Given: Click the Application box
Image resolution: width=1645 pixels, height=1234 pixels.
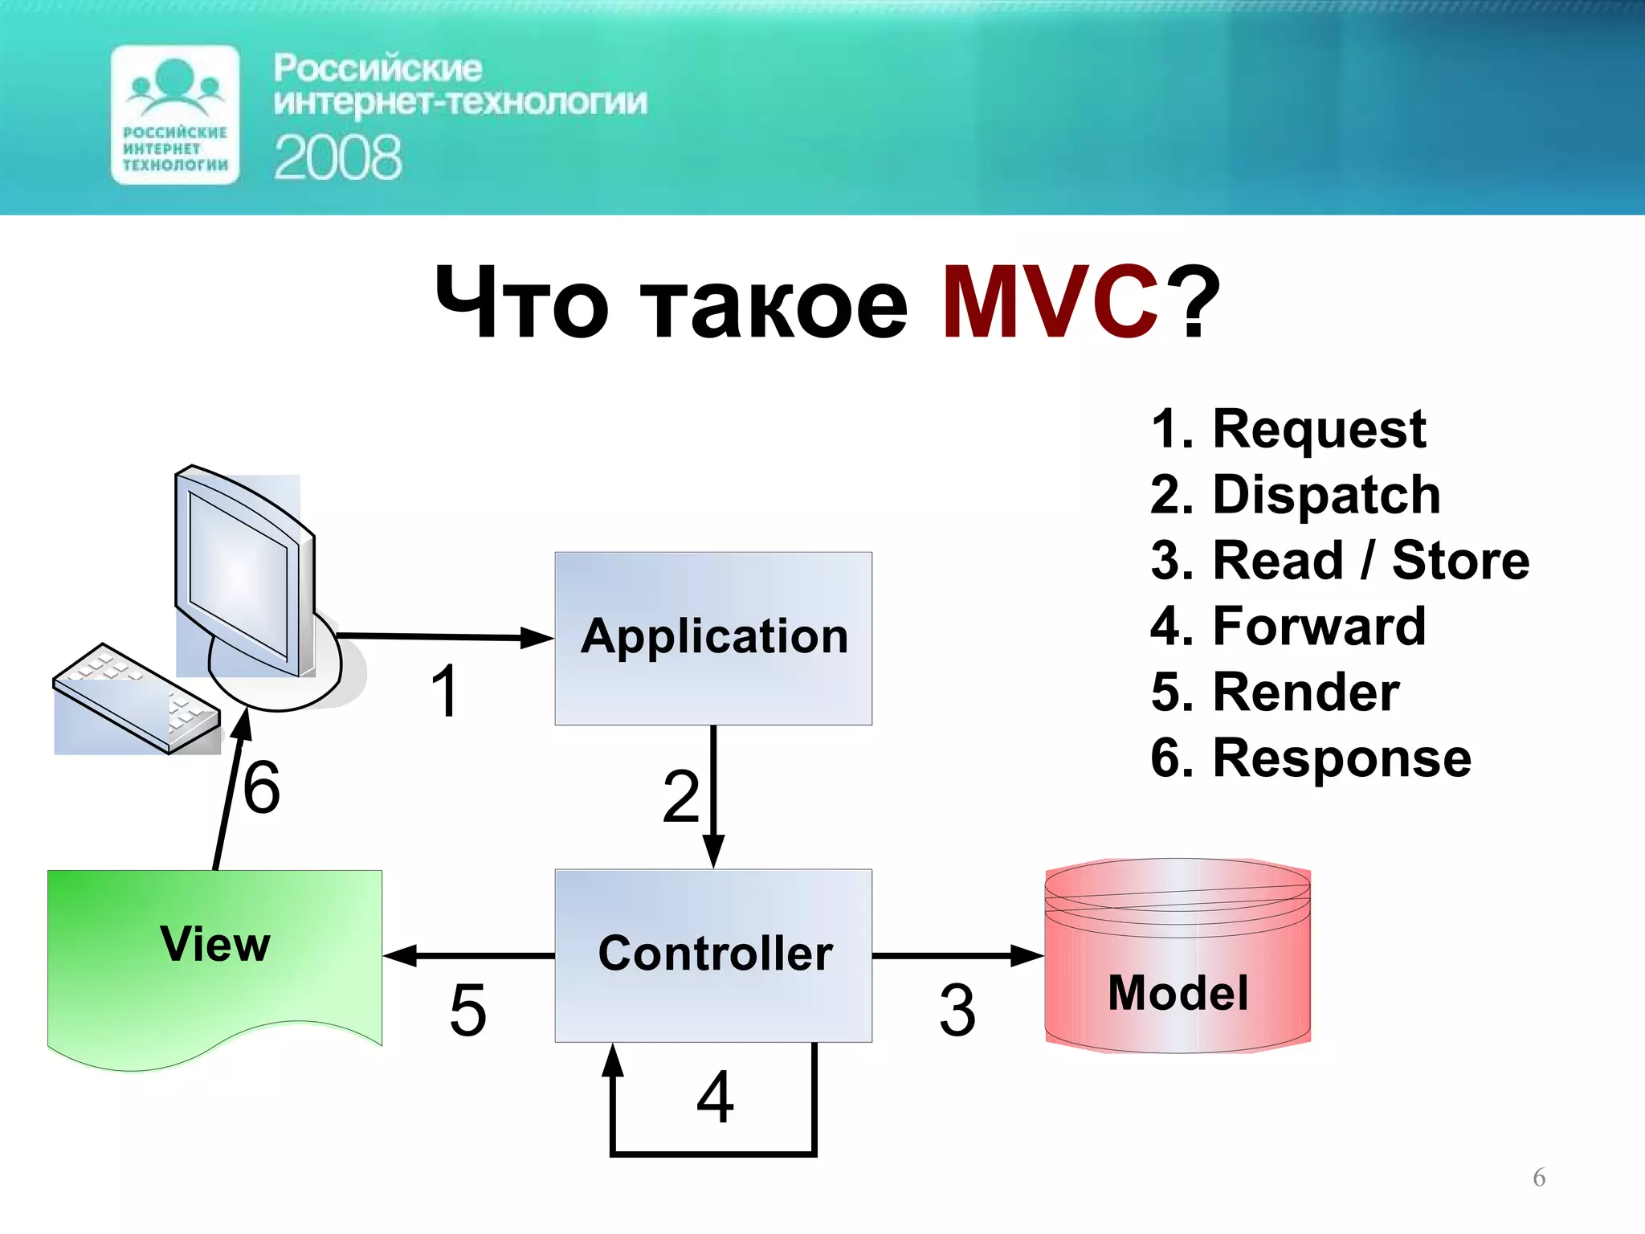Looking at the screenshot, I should point(713,638).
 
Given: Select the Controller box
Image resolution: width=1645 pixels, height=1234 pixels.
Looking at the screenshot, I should point(713,954).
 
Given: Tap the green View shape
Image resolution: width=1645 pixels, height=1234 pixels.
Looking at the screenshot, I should point(214,956).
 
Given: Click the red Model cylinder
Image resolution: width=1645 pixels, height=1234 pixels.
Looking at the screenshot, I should point(1178,964).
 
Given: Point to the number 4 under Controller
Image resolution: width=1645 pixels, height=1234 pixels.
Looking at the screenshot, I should point(715,1097).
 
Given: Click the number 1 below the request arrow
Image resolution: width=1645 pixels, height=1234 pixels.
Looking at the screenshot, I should point(444,691).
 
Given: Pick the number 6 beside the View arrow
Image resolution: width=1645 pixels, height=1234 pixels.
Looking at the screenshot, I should point(262,787).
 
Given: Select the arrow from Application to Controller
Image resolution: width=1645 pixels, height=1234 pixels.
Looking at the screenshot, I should point(713,795).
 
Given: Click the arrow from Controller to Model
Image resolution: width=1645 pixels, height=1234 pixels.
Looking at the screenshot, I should point(956,955).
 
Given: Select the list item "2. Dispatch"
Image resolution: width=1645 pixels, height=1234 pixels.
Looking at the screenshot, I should point(1295,494).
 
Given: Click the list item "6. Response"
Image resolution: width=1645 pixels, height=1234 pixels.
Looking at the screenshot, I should point(1311,758).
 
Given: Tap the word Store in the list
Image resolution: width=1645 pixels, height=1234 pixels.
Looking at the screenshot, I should point(1460,560).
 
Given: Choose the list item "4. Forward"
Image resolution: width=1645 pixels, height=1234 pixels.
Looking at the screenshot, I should point(1288,626).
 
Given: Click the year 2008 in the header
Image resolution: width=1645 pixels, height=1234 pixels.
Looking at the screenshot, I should point(337,157).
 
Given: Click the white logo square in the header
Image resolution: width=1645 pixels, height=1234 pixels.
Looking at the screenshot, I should point(175,115).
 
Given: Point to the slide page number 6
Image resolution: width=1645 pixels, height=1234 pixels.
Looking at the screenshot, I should point(1539,1177).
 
